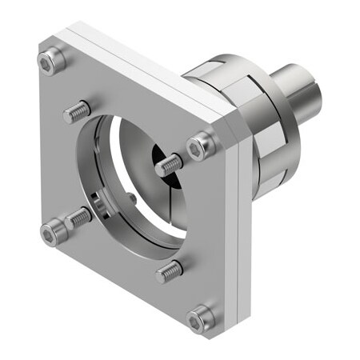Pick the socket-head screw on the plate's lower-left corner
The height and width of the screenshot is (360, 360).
tap(52, 231)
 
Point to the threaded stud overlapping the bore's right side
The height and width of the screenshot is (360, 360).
tap(170, 165)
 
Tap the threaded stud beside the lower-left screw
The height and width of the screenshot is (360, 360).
tap(79, 215)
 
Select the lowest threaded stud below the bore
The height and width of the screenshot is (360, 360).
tap(170, 272)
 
